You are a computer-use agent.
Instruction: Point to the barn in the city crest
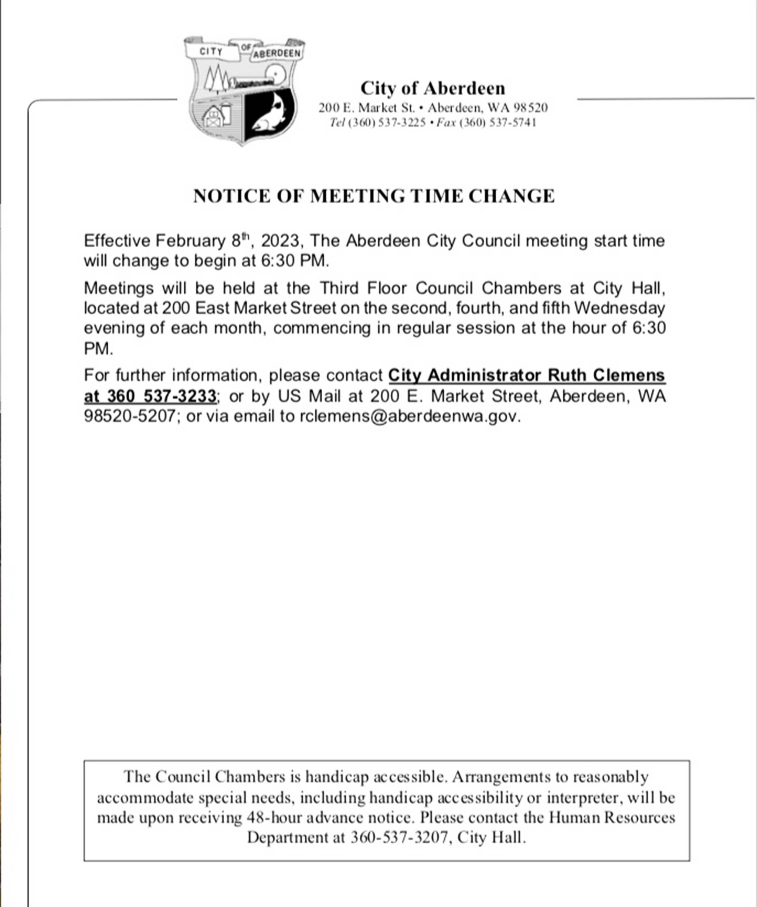[x=214, y=117]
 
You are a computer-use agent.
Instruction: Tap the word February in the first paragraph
[x=190, y=241]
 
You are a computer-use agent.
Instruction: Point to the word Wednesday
[x=619, y=308]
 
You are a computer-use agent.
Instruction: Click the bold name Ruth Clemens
[x=606, y=375]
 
